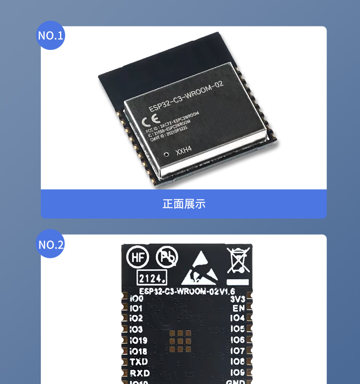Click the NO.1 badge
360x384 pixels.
[51, 36]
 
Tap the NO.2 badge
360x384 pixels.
[51, 244]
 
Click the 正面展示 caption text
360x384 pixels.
[184, 204]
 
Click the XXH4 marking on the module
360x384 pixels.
[184, 151]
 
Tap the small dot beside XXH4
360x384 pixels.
[167, 155]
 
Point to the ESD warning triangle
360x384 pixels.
[200, 267]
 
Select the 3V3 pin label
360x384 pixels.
[238, 299]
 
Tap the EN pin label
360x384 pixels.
[239, 308]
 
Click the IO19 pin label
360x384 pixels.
[138, 340]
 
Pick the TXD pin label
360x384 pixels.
[139, 362]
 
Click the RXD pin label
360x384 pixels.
[139, 373]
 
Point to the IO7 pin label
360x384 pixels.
[237, 351]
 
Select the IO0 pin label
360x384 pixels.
[136, 299]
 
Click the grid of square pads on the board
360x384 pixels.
[180, 339]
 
